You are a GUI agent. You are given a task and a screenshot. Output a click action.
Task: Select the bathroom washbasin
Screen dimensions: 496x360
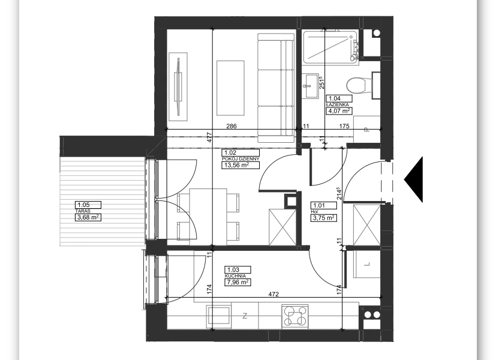pos(311,85)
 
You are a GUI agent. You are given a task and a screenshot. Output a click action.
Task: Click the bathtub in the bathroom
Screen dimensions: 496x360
pos(330,47)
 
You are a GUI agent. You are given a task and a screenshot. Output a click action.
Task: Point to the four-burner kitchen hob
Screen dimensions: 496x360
pos(295,316)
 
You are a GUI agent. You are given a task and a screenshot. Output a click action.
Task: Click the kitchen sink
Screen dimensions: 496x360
pos(219,316)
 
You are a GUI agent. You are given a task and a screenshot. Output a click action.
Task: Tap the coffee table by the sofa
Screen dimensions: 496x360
pos(230,88)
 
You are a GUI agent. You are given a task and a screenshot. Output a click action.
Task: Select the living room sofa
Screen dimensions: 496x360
pos(276,88)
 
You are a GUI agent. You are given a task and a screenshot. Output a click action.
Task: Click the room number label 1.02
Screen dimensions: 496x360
pos(230,153)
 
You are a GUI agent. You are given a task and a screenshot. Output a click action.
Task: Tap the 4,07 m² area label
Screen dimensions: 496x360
pos(339,111)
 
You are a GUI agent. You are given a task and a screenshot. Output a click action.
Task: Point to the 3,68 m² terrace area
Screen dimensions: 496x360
pos(88,217)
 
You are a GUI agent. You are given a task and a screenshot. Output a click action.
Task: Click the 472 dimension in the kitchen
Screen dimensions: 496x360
pos(273,294)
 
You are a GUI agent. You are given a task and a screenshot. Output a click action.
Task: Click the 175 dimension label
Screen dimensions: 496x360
pos(344,126)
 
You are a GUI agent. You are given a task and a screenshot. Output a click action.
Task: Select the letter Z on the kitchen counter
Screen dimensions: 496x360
pos(245,316)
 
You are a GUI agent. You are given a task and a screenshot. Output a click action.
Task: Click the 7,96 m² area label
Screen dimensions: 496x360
pos(237,282)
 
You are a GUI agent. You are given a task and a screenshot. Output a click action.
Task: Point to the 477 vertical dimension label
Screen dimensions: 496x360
pos(209,137)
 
